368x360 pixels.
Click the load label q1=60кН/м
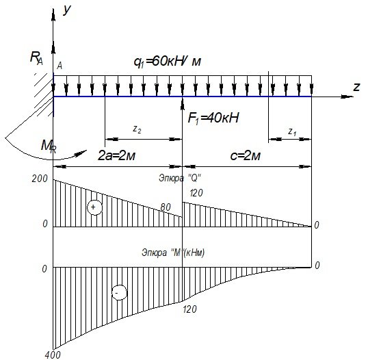coord(168,62)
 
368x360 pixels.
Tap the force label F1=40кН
coord(213,118)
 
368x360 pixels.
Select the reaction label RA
coord(36,58)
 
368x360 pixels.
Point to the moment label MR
coord(49,146)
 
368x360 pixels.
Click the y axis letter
coord(67,10)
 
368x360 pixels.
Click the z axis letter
coord(356,87)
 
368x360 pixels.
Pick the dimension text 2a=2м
coord(117,155)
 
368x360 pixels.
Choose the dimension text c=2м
coord(246,155)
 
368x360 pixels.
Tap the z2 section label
coord(137,129)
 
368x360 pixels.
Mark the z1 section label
coord(292,132)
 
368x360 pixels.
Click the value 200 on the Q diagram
coord(40,179)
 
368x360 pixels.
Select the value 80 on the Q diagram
coord(166,207)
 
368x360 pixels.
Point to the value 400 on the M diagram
coord(53,355)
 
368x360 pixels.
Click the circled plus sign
coord(94,207)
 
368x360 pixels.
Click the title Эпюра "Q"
coord(181,178)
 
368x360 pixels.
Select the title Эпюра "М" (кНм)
coord(173,253)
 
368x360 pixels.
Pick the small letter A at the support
coord(60,66)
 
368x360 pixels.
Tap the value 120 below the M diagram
coord(189,309)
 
